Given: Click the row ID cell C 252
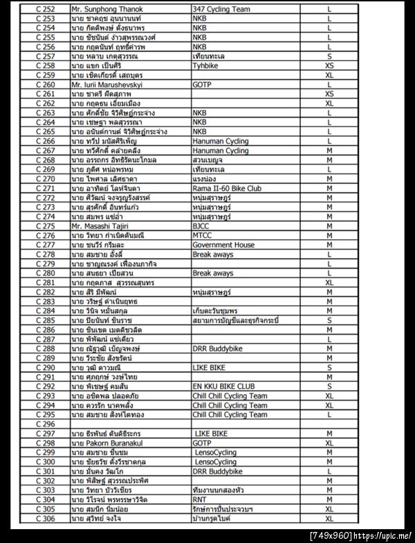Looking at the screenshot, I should tap(45, 9).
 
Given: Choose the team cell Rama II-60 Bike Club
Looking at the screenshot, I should tap(227, 187).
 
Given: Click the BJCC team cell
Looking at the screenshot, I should tap(202, 226).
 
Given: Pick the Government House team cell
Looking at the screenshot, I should tap(223, 244).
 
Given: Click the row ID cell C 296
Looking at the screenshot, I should tap(45, 423).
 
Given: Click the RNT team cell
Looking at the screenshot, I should tap(201, 499).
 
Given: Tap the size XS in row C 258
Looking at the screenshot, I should tap(329, 65).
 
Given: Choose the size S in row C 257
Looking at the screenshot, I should tap(329, 56).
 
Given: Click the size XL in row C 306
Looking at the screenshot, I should tap(329, 518).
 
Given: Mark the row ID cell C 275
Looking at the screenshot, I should tap(45, 226).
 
